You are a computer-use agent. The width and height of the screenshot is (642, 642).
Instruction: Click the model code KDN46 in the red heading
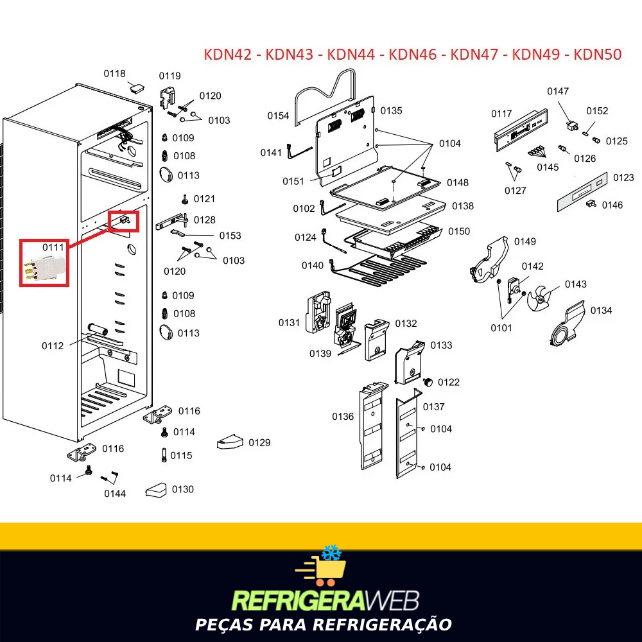pos(413,55)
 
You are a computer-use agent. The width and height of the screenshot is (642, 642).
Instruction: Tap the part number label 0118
pos(114,74)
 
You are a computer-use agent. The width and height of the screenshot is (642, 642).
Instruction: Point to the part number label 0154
pos(278,116)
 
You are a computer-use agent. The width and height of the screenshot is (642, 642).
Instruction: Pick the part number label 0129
pos(259,442)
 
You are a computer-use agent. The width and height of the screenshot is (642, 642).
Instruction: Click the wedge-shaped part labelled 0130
pos(157,490)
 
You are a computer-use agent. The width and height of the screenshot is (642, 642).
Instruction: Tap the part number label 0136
pos(343,417)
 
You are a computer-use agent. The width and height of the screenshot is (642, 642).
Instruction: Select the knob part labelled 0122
pos(428,383)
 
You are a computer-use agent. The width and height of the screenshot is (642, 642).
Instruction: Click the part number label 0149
pos(525,241)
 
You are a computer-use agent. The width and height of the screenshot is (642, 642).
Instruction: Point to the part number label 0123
pos(623,178)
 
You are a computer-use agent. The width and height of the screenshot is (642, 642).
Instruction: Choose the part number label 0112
pos(53,346)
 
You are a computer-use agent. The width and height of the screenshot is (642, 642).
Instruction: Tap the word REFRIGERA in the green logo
pos(298,601)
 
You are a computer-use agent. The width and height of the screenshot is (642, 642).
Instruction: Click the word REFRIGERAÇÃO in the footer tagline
pos(382,625)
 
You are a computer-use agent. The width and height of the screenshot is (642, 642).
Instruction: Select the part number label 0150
pos(459,231)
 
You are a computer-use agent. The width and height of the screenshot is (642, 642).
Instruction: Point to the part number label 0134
pos(601,311)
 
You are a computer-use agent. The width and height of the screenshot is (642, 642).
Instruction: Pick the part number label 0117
pos(501,114)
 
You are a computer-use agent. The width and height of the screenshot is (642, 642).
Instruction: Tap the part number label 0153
pos(230,236)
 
